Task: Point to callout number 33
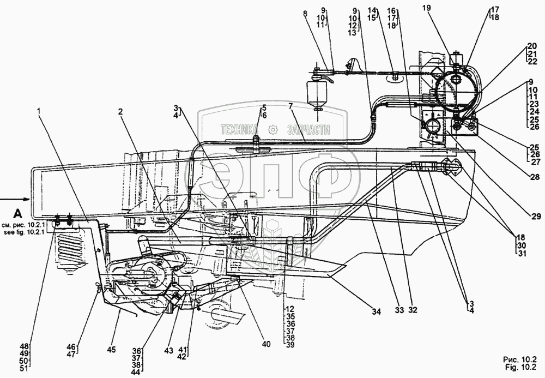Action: pyautogui.click(x=399, y=310)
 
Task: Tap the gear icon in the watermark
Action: pyautogui.click(x=273, y=129)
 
